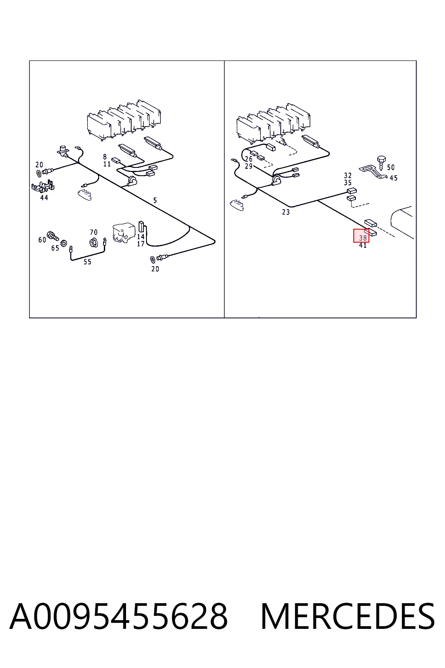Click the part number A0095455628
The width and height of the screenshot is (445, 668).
[119, 616]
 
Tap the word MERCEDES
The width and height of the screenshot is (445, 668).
[348, 616]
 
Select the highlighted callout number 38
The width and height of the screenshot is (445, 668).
[363, 238]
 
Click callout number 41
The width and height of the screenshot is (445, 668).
[363, 245]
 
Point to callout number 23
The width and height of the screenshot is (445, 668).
[286, 212]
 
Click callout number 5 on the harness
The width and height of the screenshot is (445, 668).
[155, 200]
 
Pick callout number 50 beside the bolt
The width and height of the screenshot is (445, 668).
[391, 167]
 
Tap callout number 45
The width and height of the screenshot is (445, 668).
[393, 178]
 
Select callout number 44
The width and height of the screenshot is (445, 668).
[44, 197]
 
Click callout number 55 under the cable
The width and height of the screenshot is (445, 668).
[87, 262]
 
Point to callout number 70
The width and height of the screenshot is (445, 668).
[93, 232]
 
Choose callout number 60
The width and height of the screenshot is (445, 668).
[42, 240]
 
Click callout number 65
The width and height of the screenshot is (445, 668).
[55, 248]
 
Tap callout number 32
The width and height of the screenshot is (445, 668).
[348, 175]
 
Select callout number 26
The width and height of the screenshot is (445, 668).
[249, 159]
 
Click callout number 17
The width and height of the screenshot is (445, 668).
[141, 244]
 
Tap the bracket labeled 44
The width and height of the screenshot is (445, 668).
[43, 186]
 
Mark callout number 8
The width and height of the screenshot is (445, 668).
[105, 157]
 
